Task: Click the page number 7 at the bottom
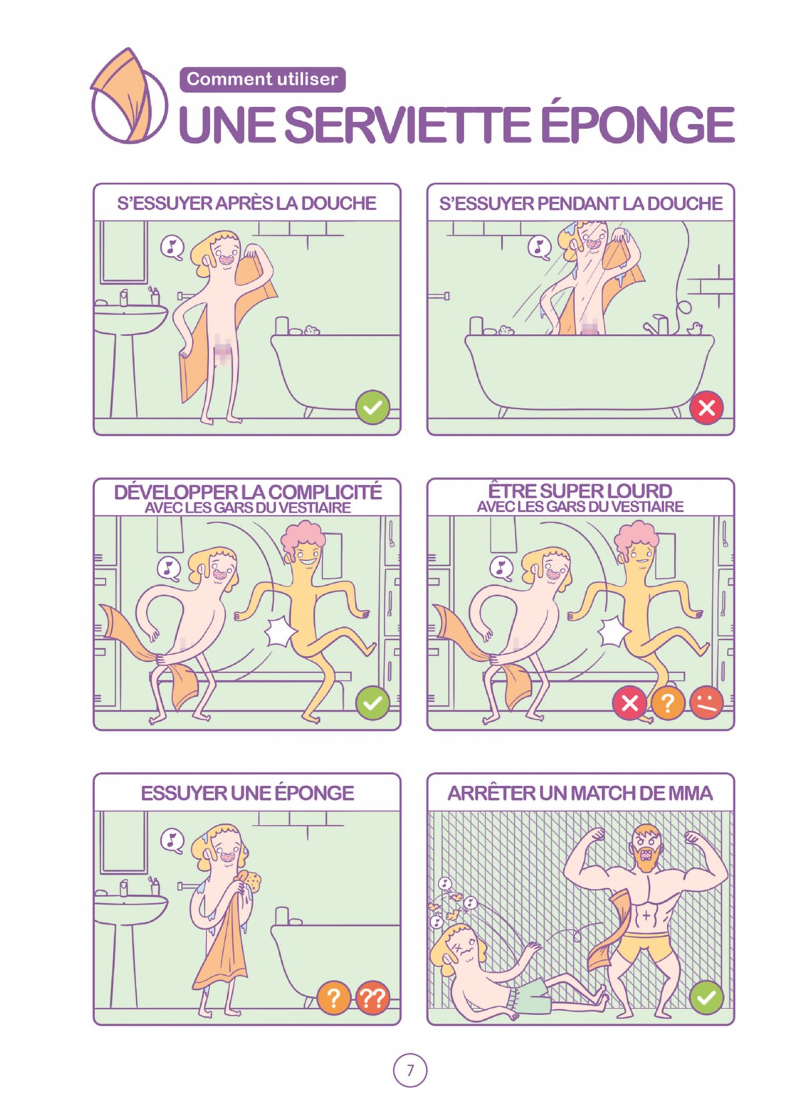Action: coord(410,1070)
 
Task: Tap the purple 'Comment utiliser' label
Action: coord(262,79)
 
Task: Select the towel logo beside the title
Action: coord(128,96)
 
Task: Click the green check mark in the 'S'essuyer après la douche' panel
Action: coord(372,408)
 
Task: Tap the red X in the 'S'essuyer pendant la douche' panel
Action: coord(706,408)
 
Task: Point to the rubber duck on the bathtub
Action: coord(694,328)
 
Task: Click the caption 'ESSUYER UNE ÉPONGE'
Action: coord(247,793)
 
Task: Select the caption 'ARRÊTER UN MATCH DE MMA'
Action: coord(580,793)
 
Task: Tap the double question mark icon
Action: coord(372,998)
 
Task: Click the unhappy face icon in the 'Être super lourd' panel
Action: coord(706,703)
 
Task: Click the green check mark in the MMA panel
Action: coord(706,998)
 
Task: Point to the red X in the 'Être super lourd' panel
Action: coord(629,703)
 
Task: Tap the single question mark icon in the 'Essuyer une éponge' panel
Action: coord(333,998)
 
